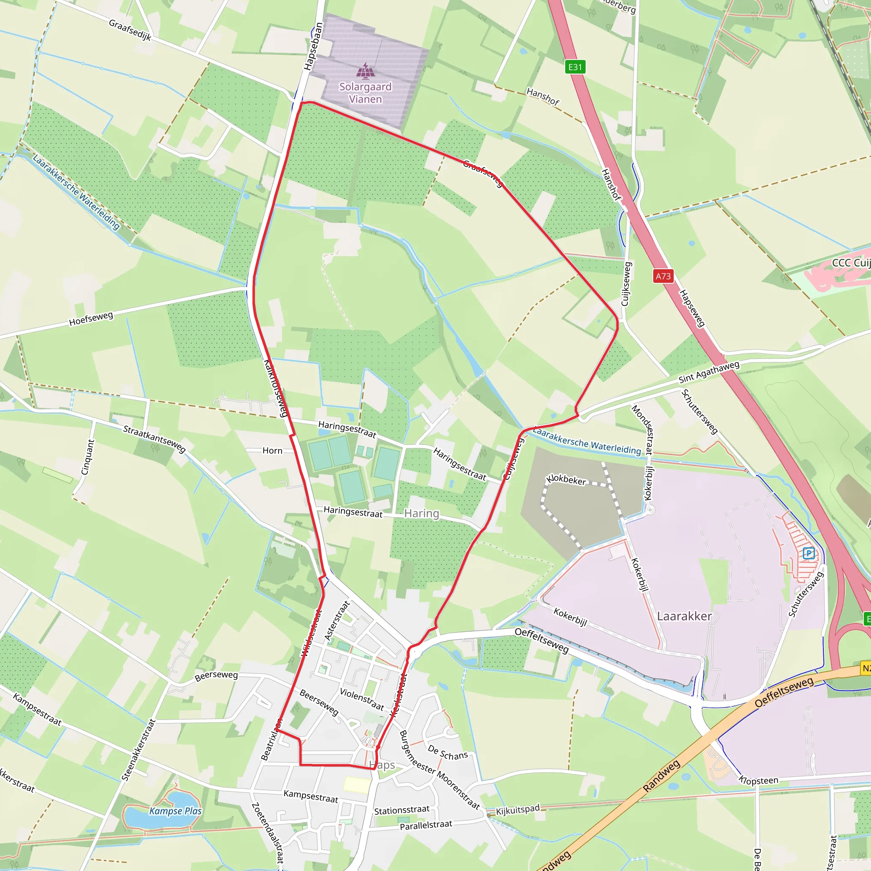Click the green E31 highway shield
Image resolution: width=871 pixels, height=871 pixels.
(575, 67)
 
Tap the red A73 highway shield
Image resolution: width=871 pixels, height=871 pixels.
(663, 276)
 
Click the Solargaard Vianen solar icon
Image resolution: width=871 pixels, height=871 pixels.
(365, 71)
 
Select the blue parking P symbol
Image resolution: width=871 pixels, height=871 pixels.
(809, 553)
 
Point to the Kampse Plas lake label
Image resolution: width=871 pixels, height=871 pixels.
(175, 811)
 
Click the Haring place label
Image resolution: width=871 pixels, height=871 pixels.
(421, 513)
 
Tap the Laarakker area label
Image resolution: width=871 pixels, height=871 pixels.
(684, 616)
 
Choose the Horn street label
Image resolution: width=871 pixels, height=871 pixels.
(272, 451)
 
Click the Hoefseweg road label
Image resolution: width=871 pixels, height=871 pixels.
(91, 319)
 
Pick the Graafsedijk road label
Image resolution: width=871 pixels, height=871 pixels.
(130, 30)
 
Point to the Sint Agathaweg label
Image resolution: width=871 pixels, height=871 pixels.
(709, 373)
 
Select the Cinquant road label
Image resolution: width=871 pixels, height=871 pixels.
(88, 457)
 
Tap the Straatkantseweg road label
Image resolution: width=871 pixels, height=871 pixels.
(155, 438)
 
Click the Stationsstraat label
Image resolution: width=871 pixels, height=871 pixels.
(401, 810)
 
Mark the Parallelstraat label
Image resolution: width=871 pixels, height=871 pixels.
(426, 825)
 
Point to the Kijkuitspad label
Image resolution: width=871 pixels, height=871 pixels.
(518, 810)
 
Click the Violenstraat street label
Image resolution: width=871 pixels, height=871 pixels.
(362, 699)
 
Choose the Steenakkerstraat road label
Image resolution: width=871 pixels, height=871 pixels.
(138, 749)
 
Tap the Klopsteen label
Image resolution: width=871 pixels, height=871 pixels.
(758, 780)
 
